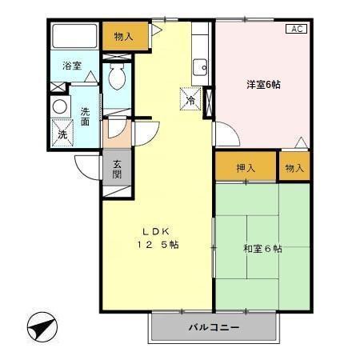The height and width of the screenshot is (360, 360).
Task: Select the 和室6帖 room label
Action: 262,249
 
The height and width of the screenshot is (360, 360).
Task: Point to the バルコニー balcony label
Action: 214,327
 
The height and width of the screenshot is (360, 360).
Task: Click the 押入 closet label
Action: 246,168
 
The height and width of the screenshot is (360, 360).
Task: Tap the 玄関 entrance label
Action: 117,169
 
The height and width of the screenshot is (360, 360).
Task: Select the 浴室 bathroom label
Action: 72,66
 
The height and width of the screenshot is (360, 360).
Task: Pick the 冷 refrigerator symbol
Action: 191,101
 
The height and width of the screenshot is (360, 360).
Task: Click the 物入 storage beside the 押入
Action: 294,168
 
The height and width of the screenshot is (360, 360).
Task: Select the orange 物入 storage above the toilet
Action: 124,35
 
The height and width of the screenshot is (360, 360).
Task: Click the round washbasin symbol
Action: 60,106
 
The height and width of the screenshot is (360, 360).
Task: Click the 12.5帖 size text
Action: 157,245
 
